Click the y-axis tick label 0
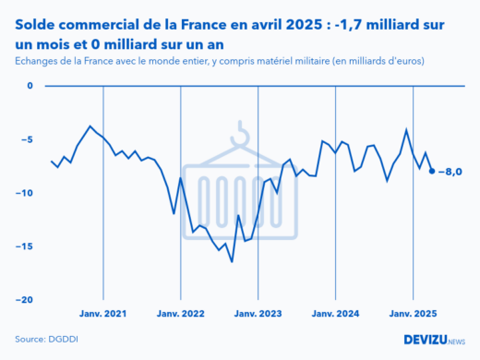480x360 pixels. pyautogui.click(x=29, y=87)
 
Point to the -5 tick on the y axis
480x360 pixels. pyautogui.click(x=27, y=140)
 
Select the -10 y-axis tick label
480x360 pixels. pyautogui.click(x=25, y=194)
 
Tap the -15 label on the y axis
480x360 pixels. pyautogui.click(x=25, y=246)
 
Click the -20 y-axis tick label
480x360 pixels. pyautogui.click(x=25, y=300)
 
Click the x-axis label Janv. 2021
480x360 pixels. pyautogui.click(x=102, y=314)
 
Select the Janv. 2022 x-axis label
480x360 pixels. pyautogui.click(x=180, y=314)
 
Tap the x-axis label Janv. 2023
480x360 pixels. pyautogui.click(x=258, y=314)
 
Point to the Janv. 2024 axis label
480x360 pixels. pyautogui.click(x=335, y=314)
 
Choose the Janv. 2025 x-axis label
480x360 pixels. pyautogui.click(x=412, y=314)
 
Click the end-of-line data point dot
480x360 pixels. pyautogui.click(x=432, y=171)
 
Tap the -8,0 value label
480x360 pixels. pyautogui.click(x=450, y=172)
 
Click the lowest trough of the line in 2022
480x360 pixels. pyautogui.click(x=232, y=261)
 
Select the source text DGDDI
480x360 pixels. pyautogui.click(x=62, y=339)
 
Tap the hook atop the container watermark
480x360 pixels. pyautogui.click(x=241, y=135)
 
